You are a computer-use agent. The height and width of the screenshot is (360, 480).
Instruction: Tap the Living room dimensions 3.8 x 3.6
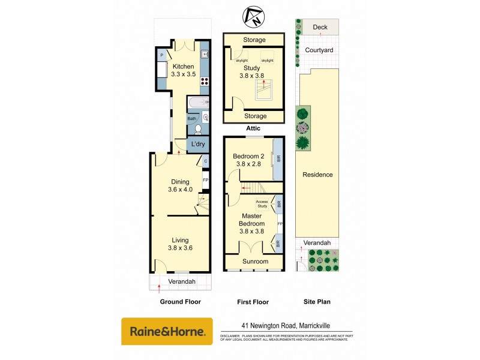pos(180,247)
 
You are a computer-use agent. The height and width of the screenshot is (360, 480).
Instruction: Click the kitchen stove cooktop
pos(204,82)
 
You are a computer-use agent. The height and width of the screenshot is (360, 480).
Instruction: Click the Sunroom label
pos(255,262)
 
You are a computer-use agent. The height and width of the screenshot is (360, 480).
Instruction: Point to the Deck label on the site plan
pos(320,27)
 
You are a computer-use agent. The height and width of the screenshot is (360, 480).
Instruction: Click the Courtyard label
pos(319,50)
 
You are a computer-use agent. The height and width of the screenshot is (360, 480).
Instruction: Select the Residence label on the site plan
pos(317,175)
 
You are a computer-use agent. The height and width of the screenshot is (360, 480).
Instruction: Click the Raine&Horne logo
pos(167,331)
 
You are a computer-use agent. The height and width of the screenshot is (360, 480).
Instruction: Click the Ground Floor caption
pos(180,302)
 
